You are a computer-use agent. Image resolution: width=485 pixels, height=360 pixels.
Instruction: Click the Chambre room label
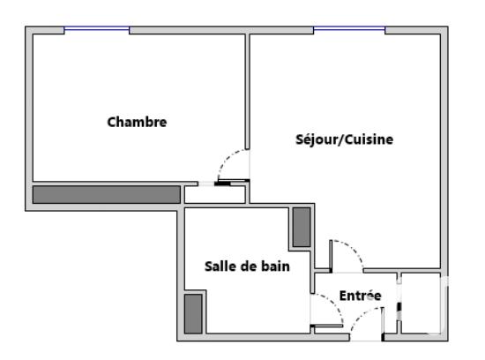[137, 122]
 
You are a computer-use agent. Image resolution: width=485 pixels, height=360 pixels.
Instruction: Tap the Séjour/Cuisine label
[344, 139]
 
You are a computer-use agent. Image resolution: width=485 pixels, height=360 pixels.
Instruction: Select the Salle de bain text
[246, 265]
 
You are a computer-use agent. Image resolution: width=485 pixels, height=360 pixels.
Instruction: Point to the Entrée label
[360, 296]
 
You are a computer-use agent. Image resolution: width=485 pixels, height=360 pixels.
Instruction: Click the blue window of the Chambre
[97, 30]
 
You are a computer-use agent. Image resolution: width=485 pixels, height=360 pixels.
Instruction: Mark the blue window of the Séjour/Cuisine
[349, 30]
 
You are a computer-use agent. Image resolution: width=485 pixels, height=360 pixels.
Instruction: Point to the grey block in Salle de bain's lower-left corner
[194, 313]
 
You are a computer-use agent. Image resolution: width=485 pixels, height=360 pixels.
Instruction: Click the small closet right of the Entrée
[420, 304]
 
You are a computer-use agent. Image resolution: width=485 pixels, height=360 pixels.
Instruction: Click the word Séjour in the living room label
[316, 139]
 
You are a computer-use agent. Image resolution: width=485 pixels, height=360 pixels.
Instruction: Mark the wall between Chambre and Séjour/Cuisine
[247, 97]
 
